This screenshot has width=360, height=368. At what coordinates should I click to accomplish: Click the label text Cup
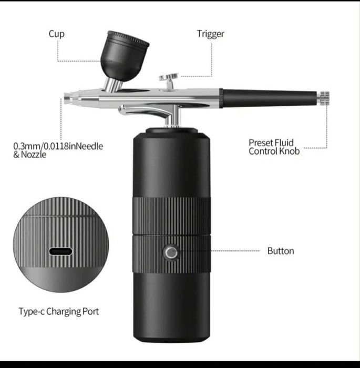(x=57, y=34)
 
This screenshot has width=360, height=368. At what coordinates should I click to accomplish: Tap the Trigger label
(x=211, y=34)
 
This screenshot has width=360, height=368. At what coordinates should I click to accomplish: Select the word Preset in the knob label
(x=261, y=142)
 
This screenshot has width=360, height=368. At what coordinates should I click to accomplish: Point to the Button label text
(x=281, y=251)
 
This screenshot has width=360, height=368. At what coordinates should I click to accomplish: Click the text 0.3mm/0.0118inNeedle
(x=58, y=146)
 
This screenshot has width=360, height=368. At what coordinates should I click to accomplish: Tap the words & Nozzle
(x=30, y=155)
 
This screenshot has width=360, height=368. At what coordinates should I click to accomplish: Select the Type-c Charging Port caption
(x=59, y=311)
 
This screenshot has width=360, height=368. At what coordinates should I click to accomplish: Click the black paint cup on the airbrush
(x=125, y=56)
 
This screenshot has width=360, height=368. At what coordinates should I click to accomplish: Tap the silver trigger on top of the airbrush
(x=169, y=80)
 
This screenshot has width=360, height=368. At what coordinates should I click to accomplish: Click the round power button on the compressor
(x=171, y=252)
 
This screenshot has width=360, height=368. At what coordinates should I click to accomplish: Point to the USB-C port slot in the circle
(x=61, y=252)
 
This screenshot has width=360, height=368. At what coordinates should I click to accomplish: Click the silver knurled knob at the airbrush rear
(x=324, y=98)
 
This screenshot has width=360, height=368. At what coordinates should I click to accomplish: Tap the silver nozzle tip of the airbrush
(x=68, y=98)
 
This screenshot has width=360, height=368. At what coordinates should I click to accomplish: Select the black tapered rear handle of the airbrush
(x=269, y=98)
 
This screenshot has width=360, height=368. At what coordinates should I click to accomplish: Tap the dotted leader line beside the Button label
(x=235, y=251)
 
